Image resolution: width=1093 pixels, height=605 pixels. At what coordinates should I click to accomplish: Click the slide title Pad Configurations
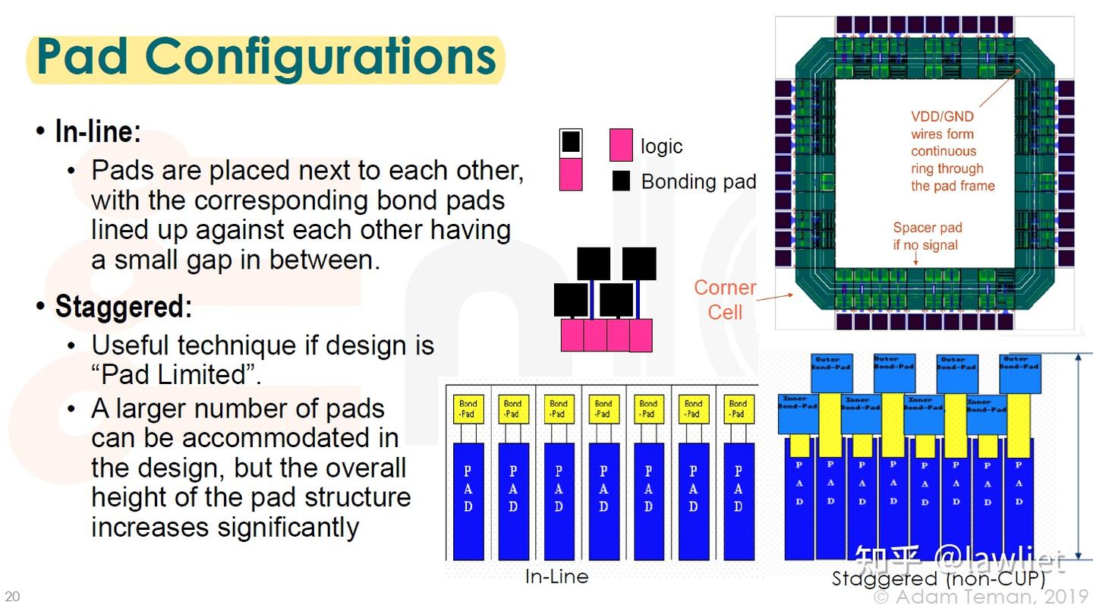[x=266, y=57]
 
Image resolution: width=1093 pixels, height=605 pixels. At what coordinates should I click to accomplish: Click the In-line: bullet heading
[x=98, y=131]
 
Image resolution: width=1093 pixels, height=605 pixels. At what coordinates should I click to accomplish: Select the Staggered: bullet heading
[x=123, y=307]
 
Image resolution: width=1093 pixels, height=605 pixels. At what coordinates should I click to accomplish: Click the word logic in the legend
[x=661, y=147]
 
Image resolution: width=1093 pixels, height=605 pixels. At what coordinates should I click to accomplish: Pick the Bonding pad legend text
[x=698, y=182]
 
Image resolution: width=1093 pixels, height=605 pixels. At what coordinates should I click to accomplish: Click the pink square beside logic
[x=621, y=145]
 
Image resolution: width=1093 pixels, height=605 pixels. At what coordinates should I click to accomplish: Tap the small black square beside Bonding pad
[x=622, y=181]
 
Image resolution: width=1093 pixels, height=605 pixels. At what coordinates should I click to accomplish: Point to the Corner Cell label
[x=725, y=299]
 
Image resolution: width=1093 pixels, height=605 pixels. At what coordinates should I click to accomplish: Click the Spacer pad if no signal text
[x=927, y=236]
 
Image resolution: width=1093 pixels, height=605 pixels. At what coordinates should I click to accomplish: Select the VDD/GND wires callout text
[x=952, y=151]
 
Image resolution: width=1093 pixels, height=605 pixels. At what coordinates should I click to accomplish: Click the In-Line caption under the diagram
[x=556, y=577]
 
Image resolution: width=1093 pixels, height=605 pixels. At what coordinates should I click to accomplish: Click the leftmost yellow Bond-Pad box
[x=468, y=409]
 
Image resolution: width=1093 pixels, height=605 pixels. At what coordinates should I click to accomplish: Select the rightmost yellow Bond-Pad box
[x=738, y=409]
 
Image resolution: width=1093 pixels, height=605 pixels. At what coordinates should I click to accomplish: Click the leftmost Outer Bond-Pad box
[x=831, y=364]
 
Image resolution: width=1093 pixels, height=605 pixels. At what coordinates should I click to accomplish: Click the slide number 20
[x=12, y=596]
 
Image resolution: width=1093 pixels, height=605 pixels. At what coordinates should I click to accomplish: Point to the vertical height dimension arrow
[x=1079, y=455]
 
